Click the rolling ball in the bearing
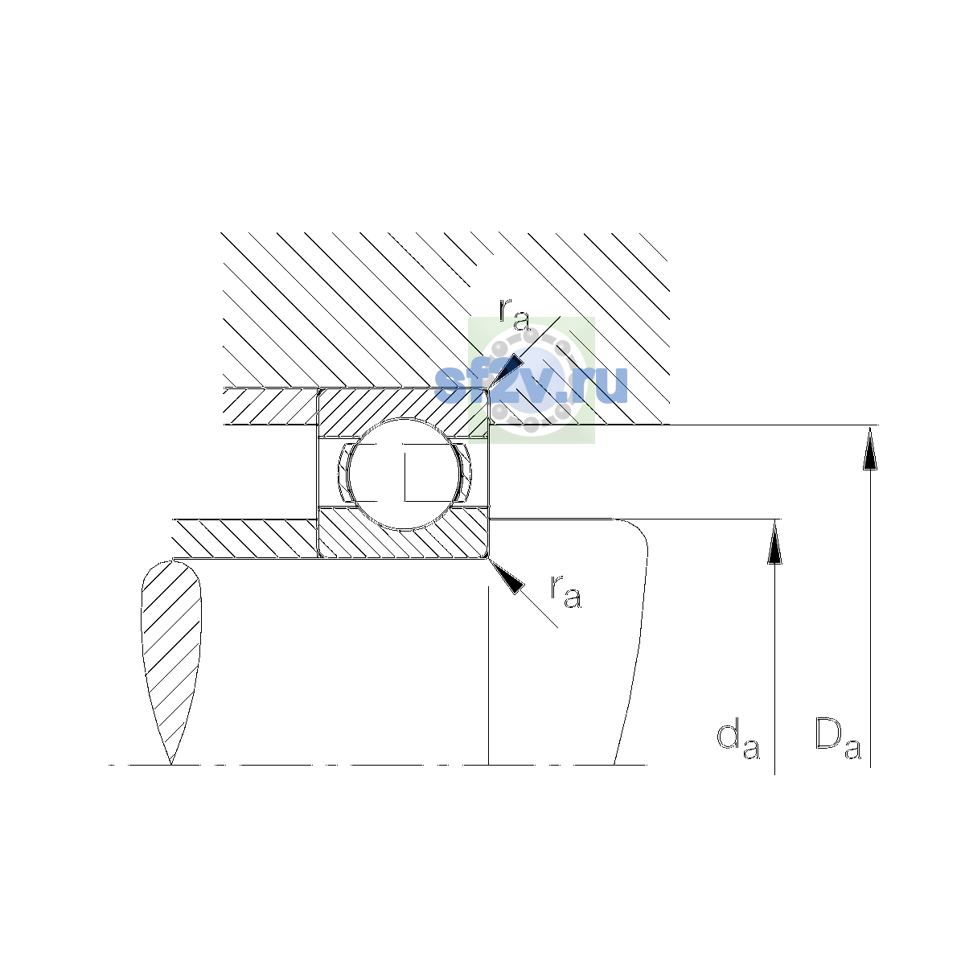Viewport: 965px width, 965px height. [404, 474]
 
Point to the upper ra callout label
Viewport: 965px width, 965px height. [515, 315]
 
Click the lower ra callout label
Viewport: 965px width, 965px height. [566, 592]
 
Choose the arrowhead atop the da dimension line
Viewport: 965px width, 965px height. [774, 542]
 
